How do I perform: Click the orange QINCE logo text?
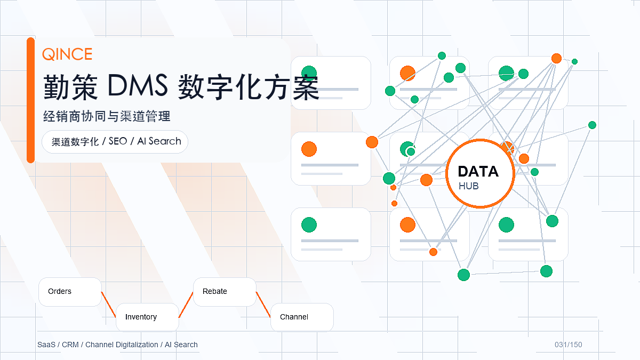coord(67,54)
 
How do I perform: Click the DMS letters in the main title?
coord(138,85)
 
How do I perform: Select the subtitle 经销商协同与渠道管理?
coord(107,116)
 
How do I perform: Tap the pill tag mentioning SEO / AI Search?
coord(115,142)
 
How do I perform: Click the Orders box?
coord(70,292)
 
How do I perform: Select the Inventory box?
coord(147,317)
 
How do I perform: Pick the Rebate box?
coord(225,292)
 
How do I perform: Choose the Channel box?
coord(302,317)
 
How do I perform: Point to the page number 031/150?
coord(569,345)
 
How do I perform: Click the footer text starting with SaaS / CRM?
coord(117,345)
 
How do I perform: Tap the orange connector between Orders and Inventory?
coord(109,305)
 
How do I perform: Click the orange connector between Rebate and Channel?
coord(263,305)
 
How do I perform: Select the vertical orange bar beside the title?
coord(30,100)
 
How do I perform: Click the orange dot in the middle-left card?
coord(309,149)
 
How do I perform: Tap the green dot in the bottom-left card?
coord(309,225)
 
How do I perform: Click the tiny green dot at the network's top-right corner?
coord(574,62)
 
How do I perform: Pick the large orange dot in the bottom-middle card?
coord(407,225)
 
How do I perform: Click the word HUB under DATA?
coord(469,186)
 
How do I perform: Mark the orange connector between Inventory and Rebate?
coord(186,305)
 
